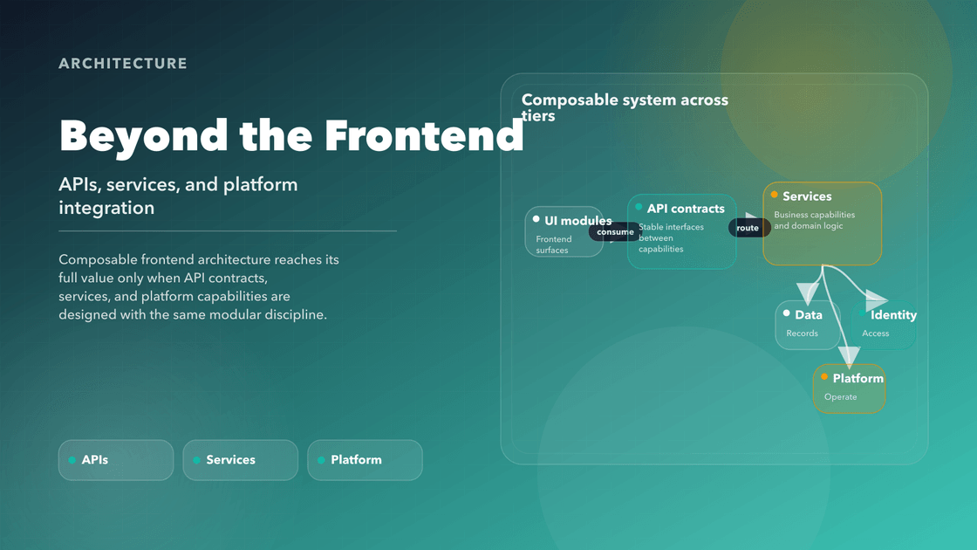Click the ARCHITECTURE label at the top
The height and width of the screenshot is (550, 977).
(x=123, y=64)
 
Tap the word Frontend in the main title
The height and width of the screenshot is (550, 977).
(x=424, y=135)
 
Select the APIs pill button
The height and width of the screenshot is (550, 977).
(x=116, y=460)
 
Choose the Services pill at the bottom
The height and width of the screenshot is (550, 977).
(x=240, y=460)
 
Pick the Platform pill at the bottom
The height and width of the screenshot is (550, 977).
(x=365, y=460)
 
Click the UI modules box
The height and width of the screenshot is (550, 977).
(x=564, y=232)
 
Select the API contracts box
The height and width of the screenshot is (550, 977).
(x=681, y=231)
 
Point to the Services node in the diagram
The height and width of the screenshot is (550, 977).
(x=822, y=223)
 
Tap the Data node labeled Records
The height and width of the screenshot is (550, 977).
(x=808, y=324)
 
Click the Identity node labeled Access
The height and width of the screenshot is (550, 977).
(x=884, y=324)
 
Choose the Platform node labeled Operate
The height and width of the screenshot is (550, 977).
(x=849, y=388)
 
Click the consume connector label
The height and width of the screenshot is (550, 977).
(x=616, y=232)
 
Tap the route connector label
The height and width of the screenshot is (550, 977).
(x=748, y=228)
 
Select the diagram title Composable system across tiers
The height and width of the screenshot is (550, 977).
(x=625, y=107)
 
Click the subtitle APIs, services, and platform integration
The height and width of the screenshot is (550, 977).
(x=178, y=196)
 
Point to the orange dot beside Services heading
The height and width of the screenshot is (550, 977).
(x=774, y=196)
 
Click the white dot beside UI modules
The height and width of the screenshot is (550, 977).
(x=536, y=220)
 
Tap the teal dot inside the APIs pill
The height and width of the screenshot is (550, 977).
(x=72, y=460)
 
